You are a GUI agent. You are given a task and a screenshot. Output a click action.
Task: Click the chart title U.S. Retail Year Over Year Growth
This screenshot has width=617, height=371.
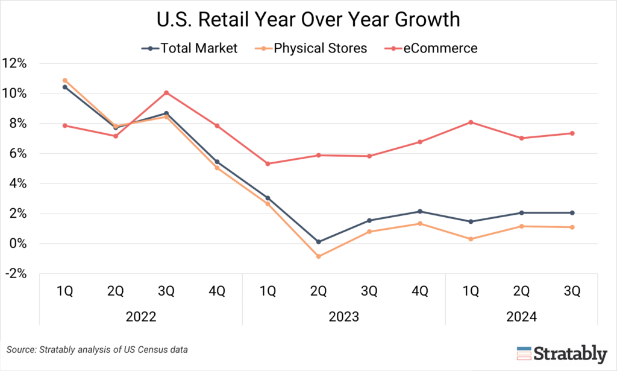[308, 20]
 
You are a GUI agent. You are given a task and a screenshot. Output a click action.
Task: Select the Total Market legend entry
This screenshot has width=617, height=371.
[192, 48]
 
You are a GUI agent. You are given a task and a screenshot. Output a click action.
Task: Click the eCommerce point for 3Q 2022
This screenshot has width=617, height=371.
[166, 93]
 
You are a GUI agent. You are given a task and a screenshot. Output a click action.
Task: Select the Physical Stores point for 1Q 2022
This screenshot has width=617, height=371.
[65, 80]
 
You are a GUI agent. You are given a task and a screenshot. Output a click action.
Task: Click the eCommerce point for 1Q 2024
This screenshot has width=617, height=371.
[471, 122]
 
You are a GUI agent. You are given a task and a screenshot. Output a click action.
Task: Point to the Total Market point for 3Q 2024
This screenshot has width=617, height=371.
[572, 213]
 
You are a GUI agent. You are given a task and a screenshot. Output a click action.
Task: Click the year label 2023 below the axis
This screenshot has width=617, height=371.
[344, 316]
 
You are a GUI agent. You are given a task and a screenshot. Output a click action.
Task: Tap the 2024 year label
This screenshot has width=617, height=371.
[522, 316]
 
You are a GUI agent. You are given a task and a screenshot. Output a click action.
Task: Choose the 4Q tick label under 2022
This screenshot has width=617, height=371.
[217, 291]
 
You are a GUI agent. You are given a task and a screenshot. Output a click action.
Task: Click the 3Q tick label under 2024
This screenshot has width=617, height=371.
[572, 291]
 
